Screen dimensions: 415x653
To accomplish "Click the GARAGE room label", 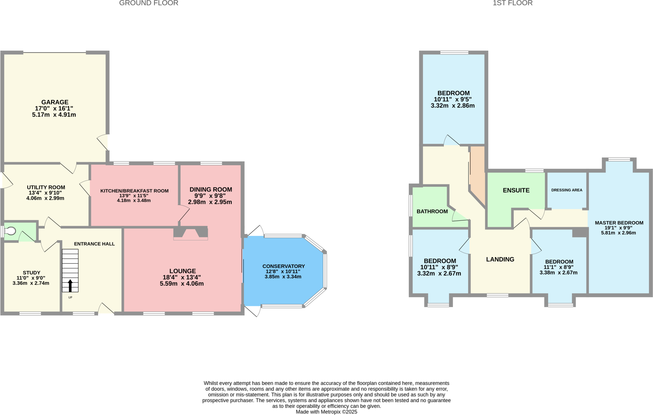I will [x=55, y=102].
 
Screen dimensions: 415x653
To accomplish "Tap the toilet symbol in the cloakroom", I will [x=11, y=231].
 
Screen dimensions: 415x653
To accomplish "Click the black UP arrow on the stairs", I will [x=70, y=286].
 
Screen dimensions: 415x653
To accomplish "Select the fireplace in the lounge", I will [x=191, y=233].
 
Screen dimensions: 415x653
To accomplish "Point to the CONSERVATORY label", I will [x=283, y=266].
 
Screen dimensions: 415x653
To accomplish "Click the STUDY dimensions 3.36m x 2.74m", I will [x=31, y=283].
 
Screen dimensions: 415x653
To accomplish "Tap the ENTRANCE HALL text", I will [x=94, y=244].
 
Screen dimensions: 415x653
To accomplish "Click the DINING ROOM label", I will [x=211, y=189].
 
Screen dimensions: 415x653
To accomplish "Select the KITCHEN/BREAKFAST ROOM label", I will [x=134, y=191].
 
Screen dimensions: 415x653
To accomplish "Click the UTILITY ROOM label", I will [x=46, y=187].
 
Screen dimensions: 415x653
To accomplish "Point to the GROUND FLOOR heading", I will [x=149, y=3].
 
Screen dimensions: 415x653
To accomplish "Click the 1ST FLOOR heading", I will [x=512, y=3].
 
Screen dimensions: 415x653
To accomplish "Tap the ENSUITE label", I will [x=516, y=190].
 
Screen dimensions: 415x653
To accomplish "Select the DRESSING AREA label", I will [x=567, y=190].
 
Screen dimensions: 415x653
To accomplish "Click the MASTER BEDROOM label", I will [x=619, y=223].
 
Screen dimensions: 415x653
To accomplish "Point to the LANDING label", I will [x=500, y=259].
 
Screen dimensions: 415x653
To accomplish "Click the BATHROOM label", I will [x=432, y=211].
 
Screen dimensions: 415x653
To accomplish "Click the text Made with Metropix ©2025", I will [x=326, y=412].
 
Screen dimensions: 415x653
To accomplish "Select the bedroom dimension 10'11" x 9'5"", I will [x=452, y=99].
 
